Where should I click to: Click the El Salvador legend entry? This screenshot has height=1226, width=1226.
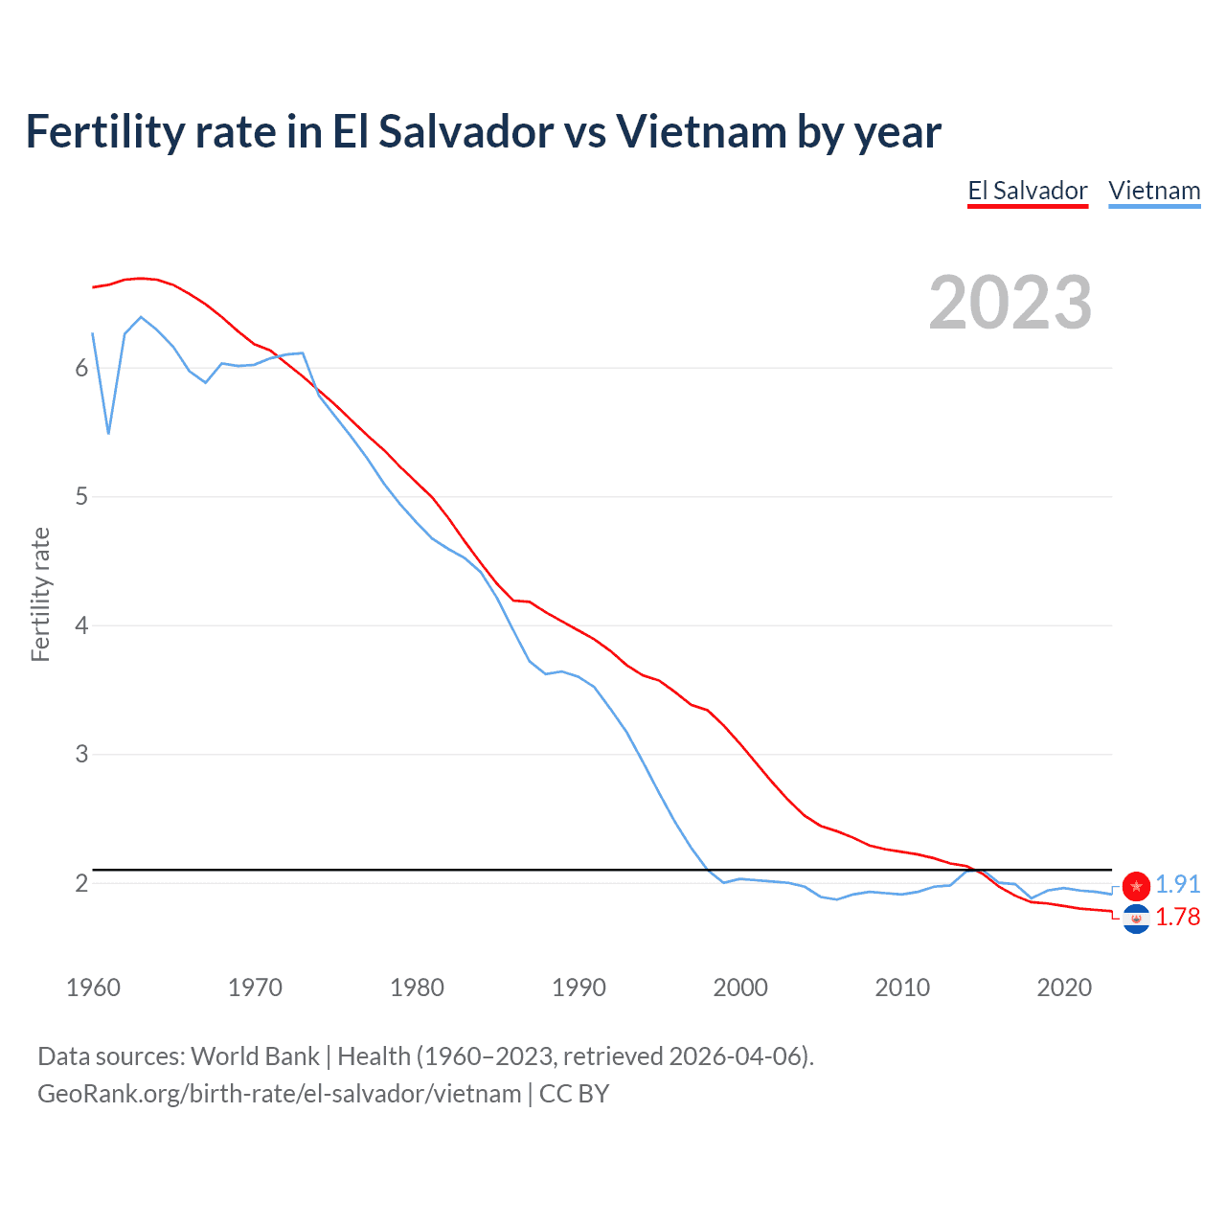pyautogui.click(x=1027, y=191)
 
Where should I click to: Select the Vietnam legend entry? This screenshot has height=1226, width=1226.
pyautogui.click(x=1154, y=191)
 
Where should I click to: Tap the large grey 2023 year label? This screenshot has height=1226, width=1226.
pyautogui.click(x=1010, y=303)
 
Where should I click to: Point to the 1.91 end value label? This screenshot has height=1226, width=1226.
pyautogui.click(x=1177, y=884)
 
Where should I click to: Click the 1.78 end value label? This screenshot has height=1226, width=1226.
pyautogui.click(x=1177, y=917)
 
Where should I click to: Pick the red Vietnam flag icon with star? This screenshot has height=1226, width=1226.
pyautogui.click(x=1136, y=886)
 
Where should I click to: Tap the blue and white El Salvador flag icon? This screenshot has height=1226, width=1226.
pyautogui.click(x=1136, y=919)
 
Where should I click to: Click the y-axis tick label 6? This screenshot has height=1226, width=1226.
pyautogui.click(x=81, y=369)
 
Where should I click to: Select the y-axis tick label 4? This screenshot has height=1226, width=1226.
pyautogui.click(x=81, y=625)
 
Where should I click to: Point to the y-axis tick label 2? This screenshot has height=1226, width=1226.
pyautogui.click(x=81, y=883)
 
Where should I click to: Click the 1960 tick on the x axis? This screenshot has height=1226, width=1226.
pyautogui.click(x=93, y=988)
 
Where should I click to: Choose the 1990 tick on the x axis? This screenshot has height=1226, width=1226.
pyautogui.click(x=579, y=988)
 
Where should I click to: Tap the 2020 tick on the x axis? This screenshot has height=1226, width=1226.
pyautogui.click(x=1064, y=988)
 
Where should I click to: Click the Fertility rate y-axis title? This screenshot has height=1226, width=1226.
pyautogui.click(x=40, y=594)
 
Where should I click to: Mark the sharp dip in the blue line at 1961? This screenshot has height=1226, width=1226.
pyautogui.click(x=108, y=432)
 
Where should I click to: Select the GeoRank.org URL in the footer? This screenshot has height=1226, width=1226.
pyautogui.click(x=279, y=1093)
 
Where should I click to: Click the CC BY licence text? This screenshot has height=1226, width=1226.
pyautogui.click(x=574, y=1093)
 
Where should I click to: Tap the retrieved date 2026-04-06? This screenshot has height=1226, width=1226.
pyautogui.click(x=736, y=1056)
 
